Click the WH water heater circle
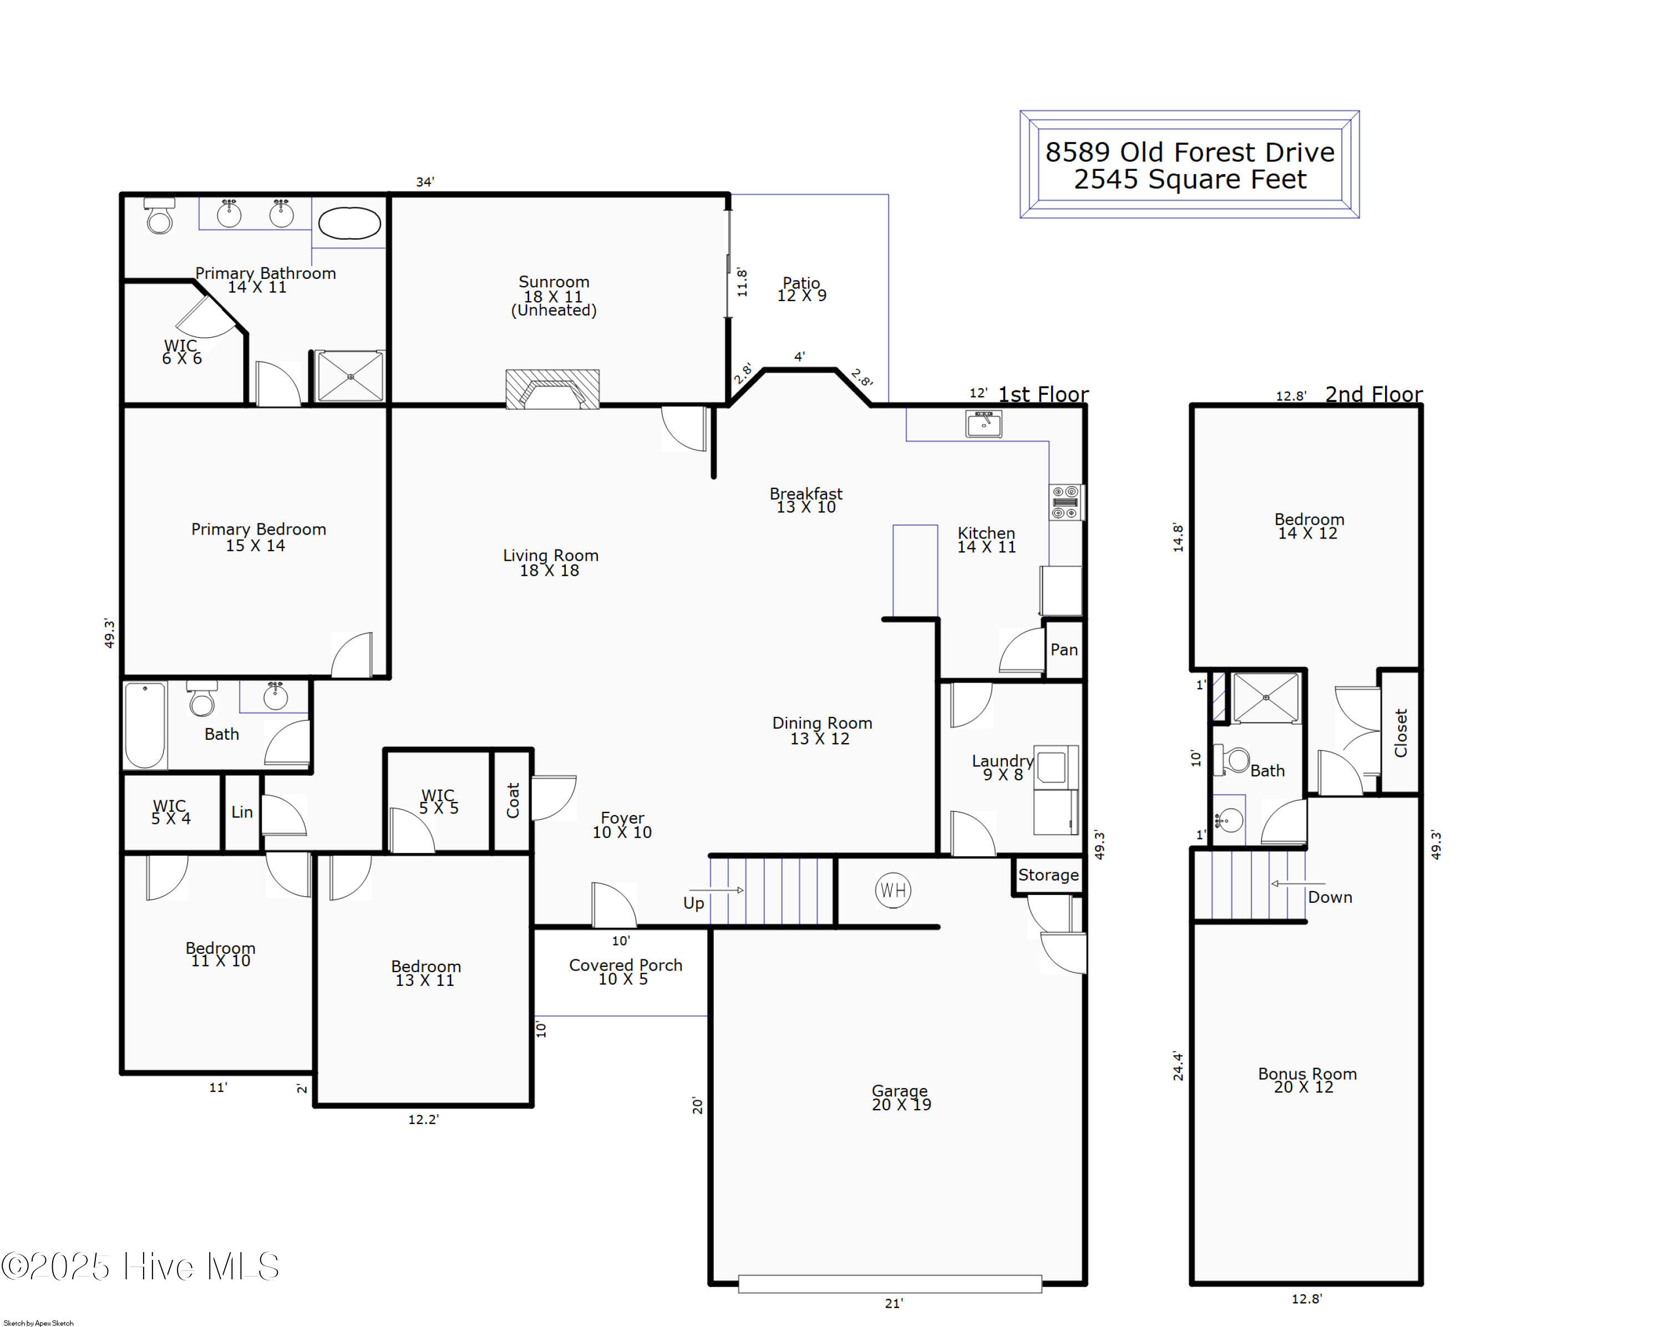pos(893,891)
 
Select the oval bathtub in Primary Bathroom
pos(349,223)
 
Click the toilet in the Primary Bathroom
pos(160,216)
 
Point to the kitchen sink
pos(984,424)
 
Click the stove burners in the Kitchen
pos(1065,502)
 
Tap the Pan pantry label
pos(1064,649)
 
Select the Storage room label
pos(1048,875)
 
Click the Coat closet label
pos(513,800)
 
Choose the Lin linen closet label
pos(242,812)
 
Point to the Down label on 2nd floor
pos(1330,897)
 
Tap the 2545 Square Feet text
pos(1190,180)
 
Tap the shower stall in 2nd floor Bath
pos(1266,698)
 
